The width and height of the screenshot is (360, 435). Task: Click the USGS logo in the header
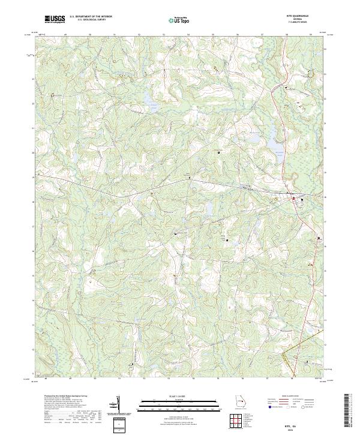[55, 19]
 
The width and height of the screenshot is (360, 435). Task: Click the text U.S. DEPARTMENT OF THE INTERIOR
[91, 16]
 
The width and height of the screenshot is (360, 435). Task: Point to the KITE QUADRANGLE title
[299, 16]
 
